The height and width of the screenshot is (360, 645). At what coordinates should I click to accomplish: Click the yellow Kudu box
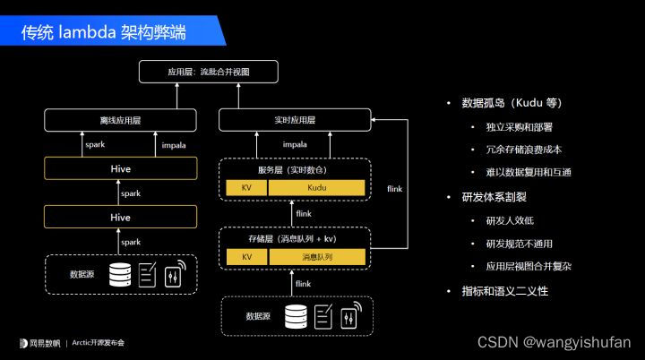317,188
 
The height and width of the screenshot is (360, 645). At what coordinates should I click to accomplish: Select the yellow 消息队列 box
317,257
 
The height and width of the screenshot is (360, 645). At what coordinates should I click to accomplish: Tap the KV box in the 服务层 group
246,188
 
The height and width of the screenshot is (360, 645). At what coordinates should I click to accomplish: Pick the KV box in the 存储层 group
246,257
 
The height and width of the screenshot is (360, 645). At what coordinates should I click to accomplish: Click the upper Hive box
120,168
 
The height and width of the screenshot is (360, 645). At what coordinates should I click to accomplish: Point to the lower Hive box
120,217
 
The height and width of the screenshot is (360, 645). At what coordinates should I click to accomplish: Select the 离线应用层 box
120,119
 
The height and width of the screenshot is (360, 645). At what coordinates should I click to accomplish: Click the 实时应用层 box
295,119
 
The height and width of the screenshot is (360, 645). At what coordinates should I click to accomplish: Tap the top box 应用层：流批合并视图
208,72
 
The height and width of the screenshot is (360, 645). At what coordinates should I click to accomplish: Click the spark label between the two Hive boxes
131,193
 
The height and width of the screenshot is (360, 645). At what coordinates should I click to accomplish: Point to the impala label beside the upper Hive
174,144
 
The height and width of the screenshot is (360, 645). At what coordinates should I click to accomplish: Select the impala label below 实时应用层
295,144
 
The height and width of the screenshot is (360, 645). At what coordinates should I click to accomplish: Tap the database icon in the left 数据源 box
119,274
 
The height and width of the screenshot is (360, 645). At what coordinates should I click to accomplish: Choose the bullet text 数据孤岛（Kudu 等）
511,102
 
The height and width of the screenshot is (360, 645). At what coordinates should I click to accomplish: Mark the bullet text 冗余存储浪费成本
523,149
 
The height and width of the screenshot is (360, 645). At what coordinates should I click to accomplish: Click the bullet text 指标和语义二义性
503,291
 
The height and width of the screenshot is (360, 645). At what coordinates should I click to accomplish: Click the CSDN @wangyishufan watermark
554,342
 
